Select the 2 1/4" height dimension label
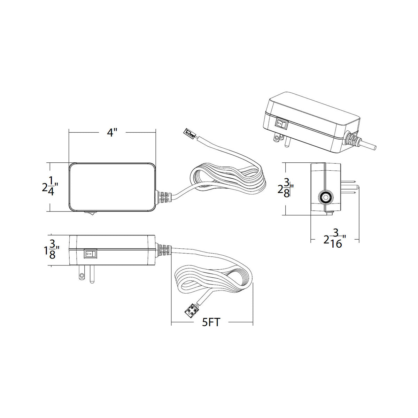click(49, 186)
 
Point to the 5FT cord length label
click(211, 322)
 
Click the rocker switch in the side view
click(90, 254)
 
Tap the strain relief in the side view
click(164, 251)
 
